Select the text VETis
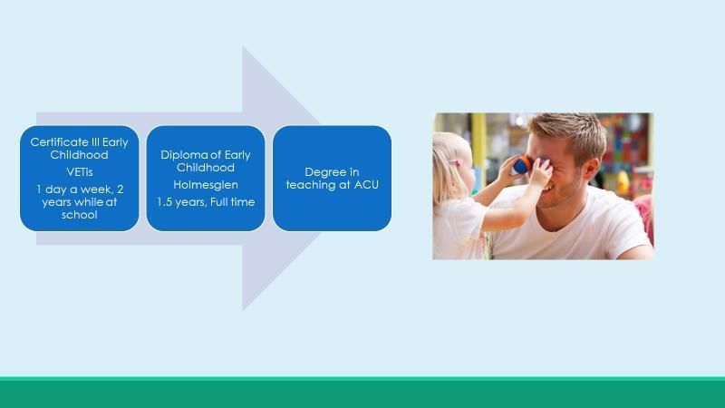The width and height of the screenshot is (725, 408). pos(80,172)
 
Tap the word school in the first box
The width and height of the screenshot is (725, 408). pos(80,215)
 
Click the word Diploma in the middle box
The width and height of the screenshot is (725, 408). pos(183,155)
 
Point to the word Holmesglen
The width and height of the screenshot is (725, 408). pos(206,185)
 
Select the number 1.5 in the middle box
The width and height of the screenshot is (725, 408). pos(165,202)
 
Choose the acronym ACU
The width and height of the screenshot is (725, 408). pos(367,185)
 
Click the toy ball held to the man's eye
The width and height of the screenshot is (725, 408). pos(522,166)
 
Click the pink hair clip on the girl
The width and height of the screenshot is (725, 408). pos(456,162)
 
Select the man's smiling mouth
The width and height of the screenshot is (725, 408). pos(548,189)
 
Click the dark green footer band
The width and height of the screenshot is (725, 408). pos(362,394)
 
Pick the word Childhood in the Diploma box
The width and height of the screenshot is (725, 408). pos(206,168)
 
